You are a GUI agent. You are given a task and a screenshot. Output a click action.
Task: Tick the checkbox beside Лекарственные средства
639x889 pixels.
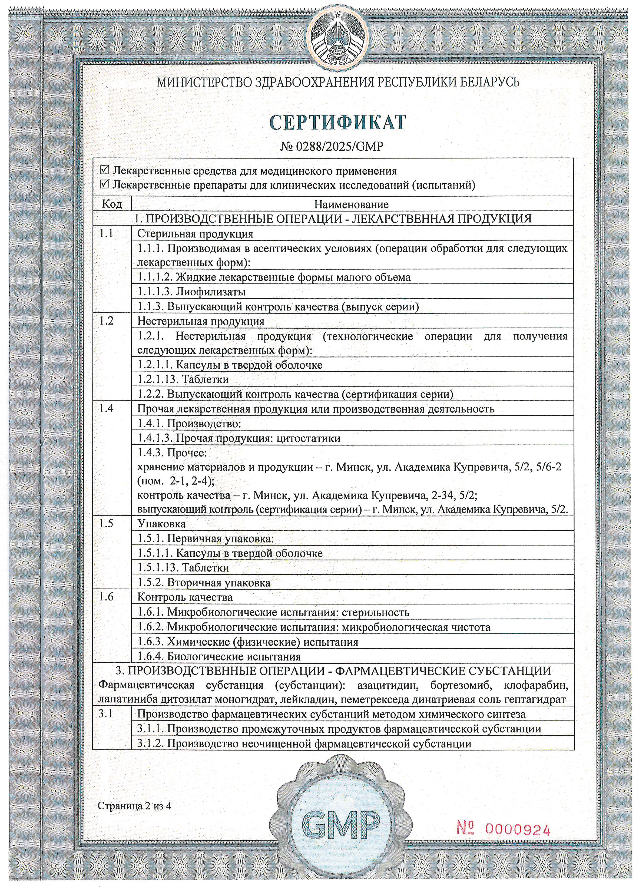(x=104, y=171)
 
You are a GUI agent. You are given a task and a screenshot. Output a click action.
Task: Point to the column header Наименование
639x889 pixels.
(x=351, y=204)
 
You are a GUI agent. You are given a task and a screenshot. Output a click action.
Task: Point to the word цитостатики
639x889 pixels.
(x=308, y=438)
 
